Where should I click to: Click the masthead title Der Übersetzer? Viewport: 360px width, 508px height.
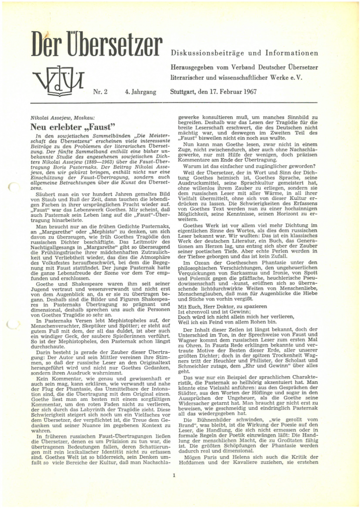(97, 44)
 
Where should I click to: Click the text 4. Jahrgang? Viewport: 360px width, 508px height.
(141, 92)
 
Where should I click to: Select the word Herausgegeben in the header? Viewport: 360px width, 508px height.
(196, 67)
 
